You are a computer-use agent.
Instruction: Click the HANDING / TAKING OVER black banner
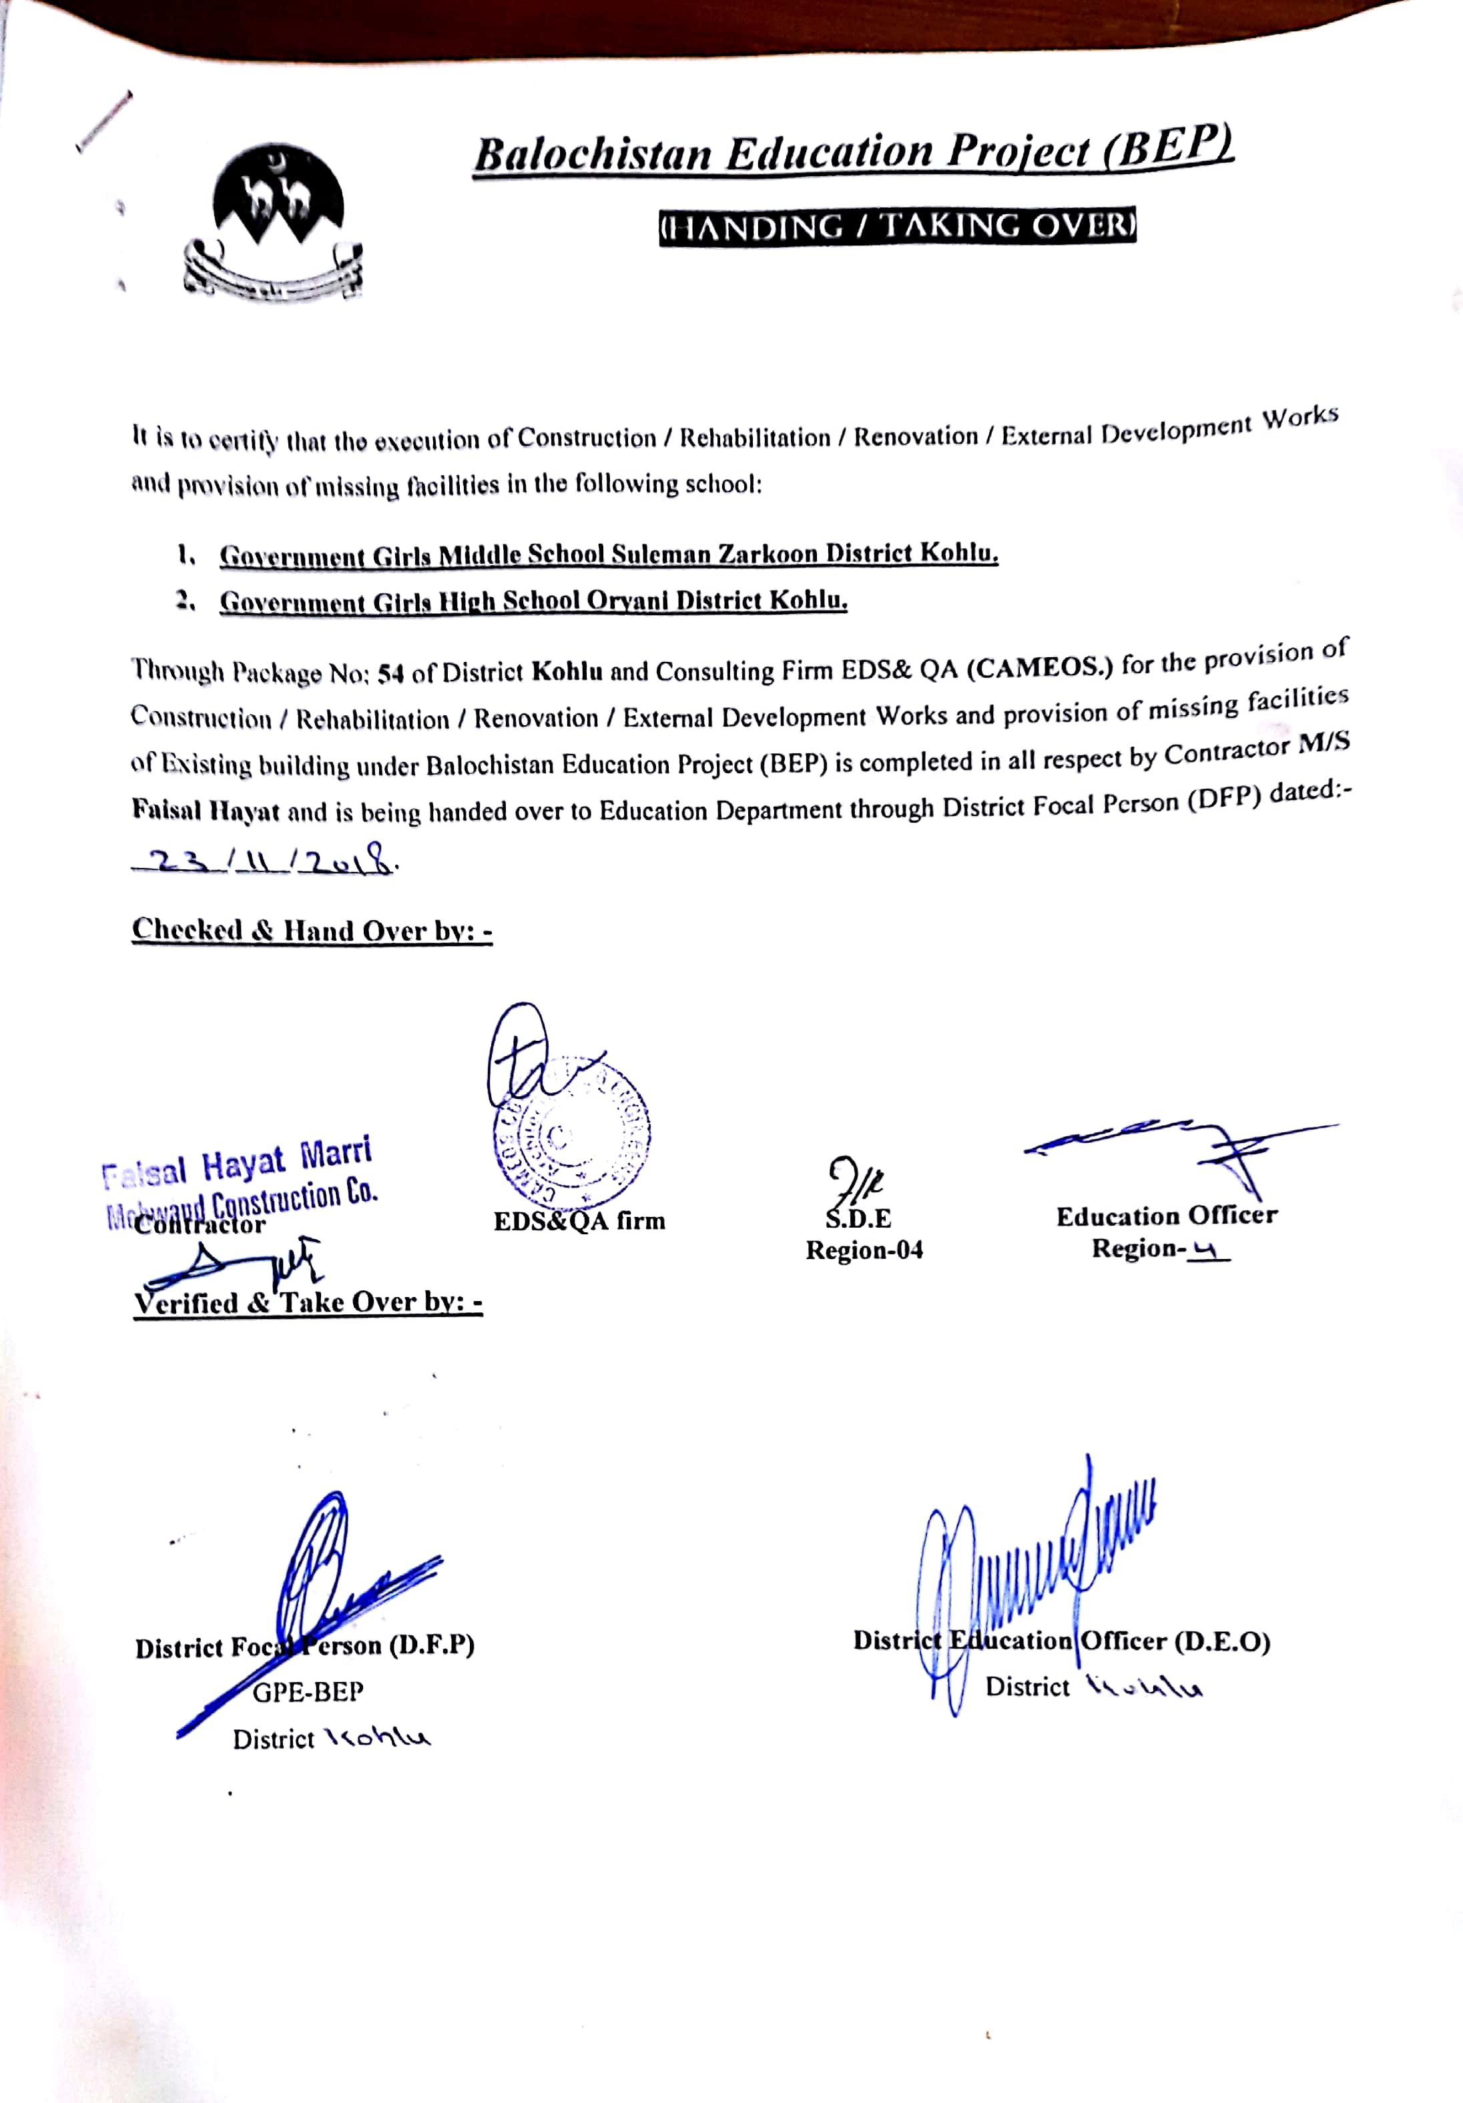[897, 226]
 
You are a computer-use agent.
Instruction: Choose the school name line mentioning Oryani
[533, 601]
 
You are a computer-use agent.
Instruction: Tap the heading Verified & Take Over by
[308, 1302]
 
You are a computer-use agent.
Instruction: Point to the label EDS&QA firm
[579, 1221]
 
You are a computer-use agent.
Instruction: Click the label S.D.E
[858, 1219]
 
